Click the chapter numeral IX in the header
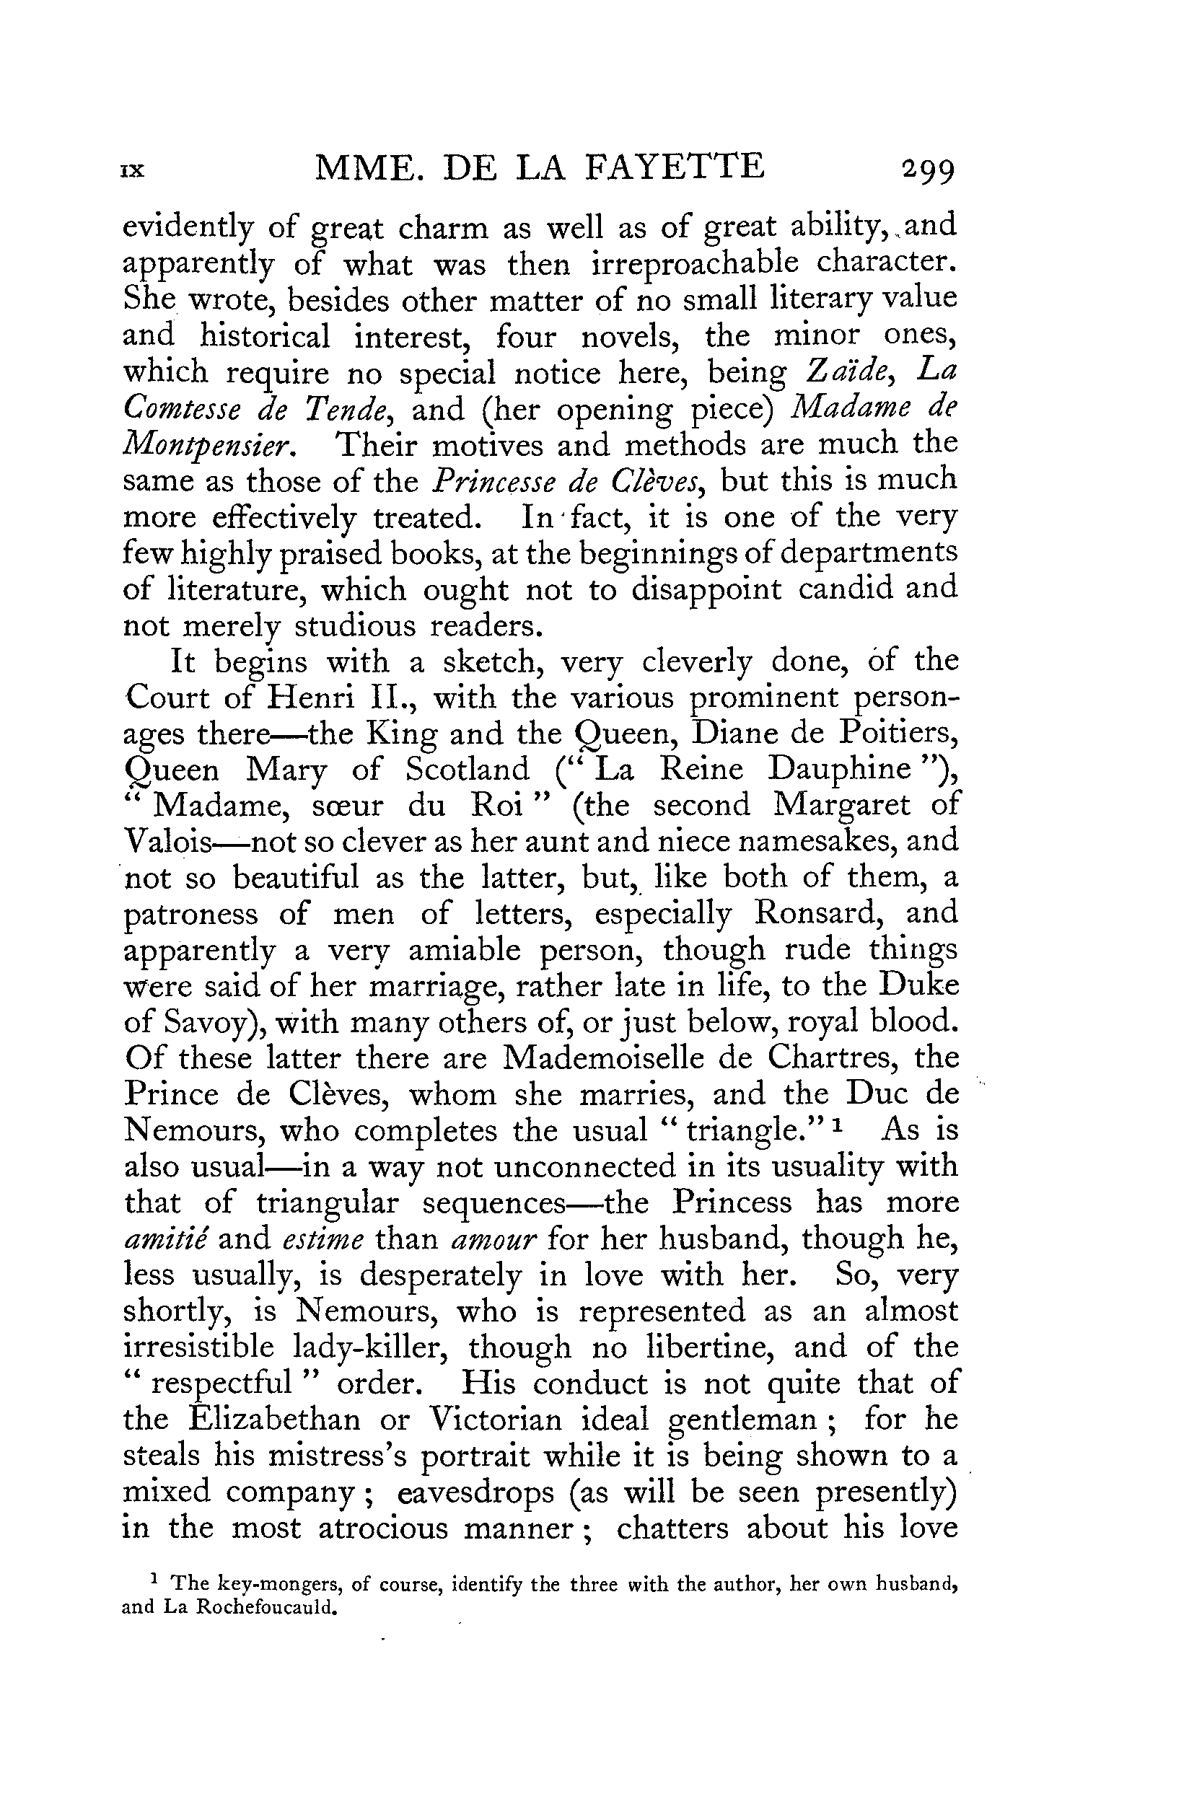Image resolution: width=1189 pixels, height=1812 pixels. pos(133,171)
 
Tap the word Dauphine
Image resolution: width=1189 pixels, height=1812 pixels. pos(839,770)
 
